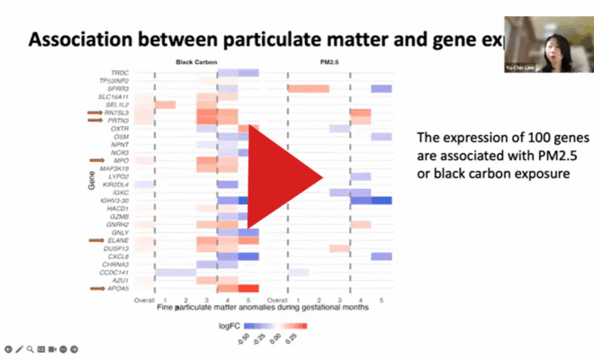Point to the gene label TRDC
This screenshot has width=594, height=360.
click(x=119, y=72)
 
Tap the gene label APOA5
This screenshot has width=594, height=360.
click(x=117, y=288)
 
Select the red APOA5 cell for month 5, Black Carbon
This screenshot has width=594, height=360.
click(x=248, y=288)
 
